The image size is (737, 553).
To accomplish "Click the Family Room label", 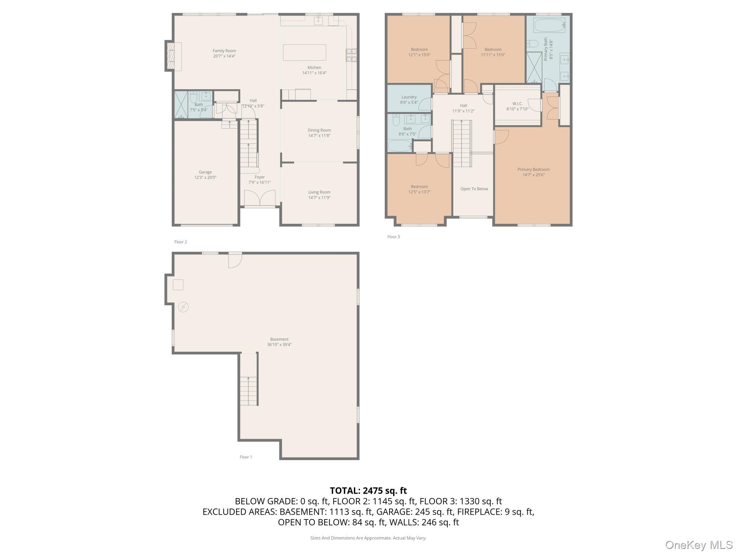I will point(224,51).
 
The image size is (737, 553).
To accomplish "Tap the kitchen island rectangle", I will point(304,52).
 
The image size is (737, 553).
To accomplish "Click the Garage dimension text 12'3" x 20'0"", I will point(205,177).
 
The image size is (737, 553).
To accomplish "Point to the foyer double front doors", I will point(260,198).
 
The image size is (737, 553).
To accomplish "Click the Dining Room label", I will point(319,130).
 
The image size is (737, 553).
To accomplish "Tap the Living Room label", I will point(319,192).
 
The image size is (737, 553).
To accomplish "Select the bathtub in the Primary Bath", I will point(549,26).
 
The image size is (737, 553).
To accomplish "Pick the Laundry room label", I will point(409,97).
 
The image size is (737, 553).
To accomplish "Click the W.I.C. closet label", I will point(517,104).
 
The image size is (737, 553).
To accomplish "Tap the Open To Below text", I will point(474,189).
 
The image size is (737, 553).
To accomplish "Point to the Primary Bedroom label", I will point(533,170).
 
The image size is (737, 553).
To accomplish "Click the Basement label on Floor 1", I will point(279,339).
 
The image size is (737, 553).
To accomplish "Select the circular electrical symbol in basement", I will point(184,307).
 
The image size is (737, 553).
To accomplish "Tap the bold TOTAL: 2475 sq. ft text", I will point(368,491).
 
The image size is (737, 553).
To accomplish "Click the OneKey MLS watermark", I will point(699,545).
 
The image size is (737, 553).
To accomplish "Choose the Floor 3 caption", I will point(393,237).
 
